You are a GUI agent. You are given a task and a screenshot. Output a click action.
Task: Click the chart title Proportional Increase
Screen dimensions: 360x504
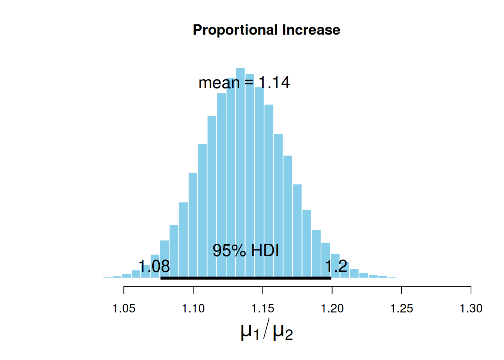pos(266,30)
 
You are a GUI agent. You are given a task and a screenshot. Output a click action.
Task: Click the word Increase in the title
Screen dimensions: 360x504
pos(311,30)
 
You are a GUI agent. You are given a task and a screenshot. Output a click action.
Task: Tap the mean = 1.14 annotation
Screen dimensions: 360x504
pos(244,82)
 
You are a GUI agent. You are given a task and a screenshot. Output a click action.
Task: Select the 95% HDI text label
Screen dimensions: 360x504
pos(246,250)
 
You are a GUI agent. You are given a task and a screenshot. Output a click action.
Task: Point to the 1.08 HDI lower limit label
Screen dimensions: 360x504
pos(154,267)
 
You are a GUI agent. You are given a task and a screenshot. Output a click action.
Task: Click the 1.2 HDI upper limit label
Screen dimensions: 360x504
pos(336,267)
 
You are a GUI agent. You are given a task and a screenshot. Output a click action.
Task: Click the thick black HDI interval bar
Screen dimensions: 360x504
pos(246,278)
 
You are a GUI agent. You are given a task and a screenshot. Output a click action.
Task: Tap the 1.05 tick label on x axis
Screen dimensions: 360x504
pos(124,309)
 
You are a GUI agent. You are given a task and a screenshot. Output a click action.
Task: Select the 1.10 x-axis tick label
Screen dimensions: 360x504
pos(193,309)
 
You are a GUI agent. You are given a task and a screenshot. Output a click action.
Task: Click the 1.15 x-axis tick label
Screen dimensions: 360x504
pos(262,309)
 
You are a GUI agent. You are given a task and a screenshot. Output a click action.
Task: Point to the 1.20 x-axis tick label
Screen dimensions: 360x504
pos(332,309)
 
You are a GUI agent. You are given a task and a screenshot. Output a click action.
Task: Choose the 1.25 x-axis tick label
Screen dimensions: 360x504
pos(402,309)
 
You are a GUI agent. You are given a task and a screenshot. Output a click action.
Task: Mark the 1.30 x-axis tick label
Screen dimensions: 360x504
pos(471,309)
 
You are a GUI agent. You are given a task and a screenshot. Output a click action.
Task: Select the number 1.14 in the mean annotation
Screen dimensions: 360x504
pos(274,82)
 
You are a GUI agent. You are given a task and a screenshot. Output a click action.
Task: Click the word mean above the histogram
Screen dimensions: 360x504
pos(219,83)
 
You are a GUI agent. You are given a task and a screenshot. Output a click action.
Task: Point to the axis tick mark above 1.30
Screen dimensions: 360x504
pos(471,290)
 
